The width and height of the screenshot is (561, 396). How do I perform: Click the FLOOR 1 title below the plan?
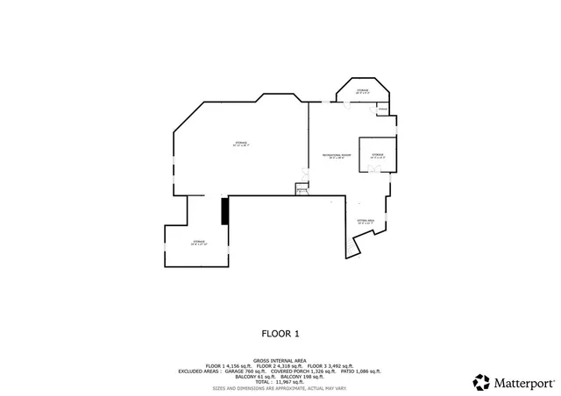tap(280, 334)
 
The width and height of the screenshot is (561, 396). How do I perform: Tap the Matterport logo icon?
tap(481, 381)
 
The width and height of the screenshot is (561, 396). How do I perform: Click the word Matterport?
tap(524, 382)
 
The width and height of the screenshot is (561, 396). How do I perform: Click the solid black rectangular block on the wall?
tap(225, 211)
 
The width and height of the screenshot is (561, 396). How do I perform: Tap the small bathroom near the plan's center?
tap(302, 188)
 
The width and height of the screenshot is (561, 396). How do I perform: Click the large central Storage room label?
tap(241, 144)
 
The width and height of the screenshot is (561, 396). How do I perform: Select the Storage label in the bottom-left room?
tap(198, 242)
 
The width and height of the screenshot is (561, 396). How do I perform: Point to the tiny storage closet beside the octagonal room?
tap(382, 109)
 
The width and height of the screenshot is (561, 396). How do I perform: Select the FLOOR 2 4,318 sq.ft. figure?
tap(280, 365)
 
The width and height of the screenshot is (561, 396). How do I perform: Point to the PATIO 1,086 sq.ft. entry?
tap(356, 371)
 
